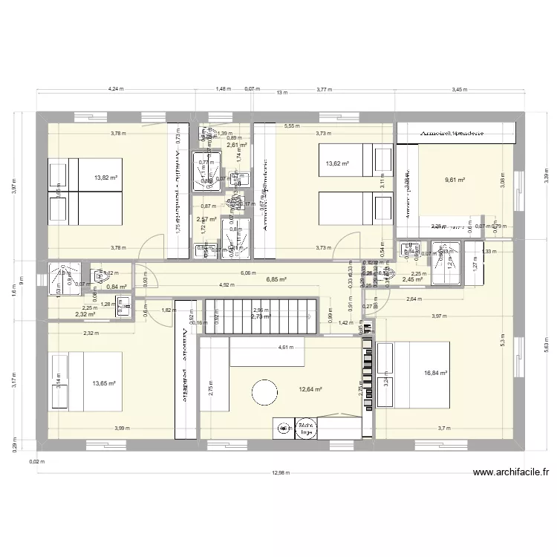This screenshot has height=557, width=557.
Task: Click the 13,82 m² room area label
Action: click(x=105, y=178)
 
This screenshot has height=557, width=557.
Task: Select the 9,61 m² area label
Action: click(x=455, y=180)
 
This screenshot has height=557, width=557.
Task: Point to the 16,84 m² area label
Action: click(x=435, y=374)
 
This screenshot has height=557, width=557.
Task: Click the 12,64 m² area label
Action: click(x=311, y=388)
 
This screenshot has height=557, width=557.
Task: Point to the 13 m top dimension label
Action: click(x=281, y=94)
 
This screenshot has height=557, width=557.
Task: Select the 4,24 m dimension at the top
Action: click(x=115, y=89)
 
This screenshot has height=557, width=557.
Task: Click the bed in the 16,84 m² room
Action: click(x=413, y=374)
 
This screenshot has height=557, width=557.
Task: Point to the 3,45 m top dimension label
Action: click(x=460, y=89)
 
